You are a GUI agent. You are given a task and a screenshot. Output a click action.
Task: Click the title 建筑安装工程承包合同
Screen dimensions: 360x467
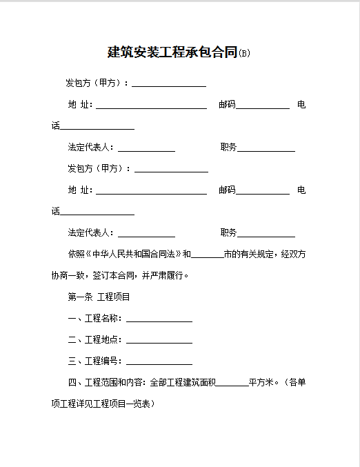pyautogui.click(x=172, y=52)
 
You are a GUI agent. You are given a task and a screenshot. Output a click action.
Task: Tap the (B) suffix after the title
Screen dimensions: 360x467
pyautogui.click(x=243, y=54)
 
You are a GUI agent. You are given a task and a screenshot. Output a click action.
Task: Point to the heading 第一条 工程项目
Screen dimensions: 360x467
pyautogui.click(x=99, y=297)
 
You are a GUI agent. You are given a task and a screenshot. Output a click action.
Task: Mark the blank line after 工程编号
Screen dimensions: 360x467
pyautogui.click(x=159, y=362)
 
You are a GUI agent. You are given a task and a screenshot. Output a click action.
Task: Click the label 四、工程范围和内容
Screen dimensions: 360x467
pyautogui.click(x=106, y=382)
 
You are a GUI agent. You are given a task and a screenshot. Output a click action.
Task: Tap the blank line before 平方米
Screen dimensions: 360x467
pyautogui.click(x=232, y=383)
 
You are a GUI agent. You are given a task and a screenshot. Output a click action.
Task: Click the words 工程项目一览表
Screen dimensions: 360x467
pyautogui.click(x=127, y=404)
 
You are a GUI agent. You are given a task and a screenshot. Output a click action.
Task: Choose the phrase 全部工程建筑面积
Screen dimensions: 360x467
pyautogui.click(x=183, y=382)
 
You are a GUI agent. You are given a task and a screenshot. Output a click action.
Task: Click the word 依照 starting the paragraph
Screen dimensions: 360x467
pyautogui.click(x=75, y=254)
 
